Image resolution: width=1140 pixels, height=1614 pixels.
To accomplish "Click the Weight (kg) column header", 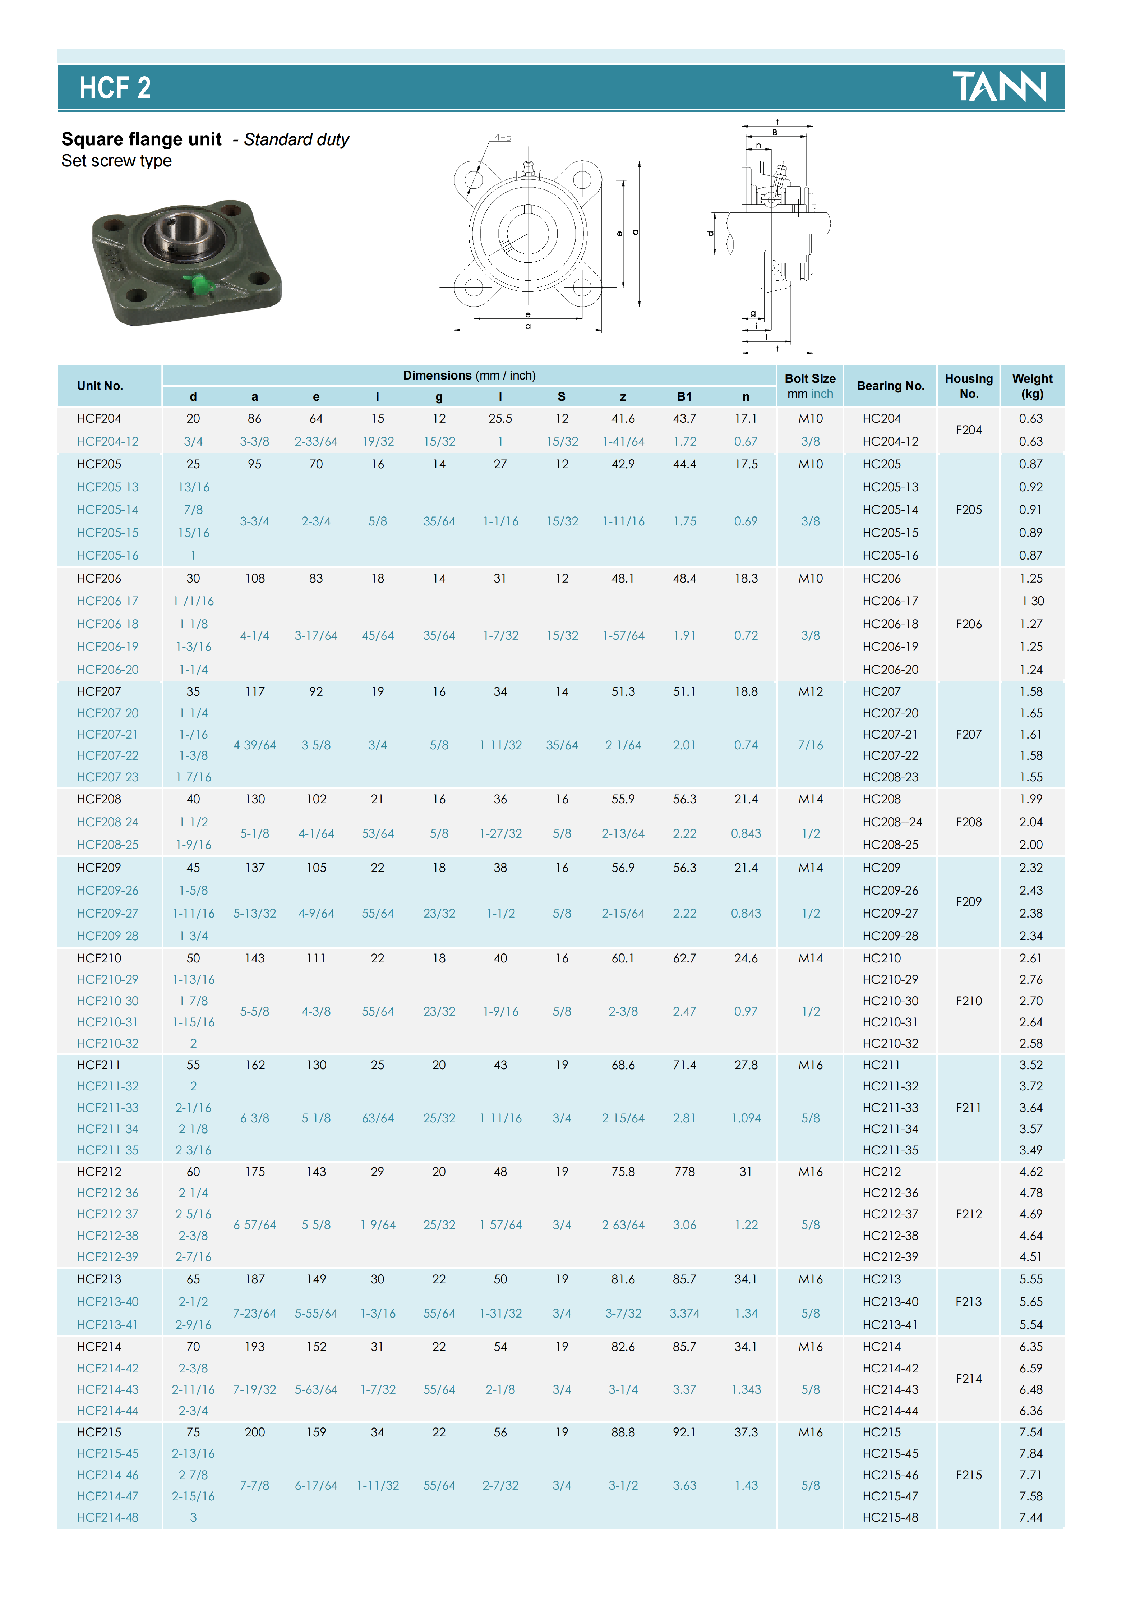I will pyautogui.click(x=1032, y=386).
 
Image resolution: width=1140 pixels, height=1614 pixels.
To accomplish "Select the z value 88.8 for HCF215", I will pyautogui.click(x=623, y=1433).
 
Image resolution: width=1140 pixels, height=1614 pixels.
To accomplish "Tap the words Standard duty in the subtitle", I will pyautogui.click(x=296, y=140).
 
